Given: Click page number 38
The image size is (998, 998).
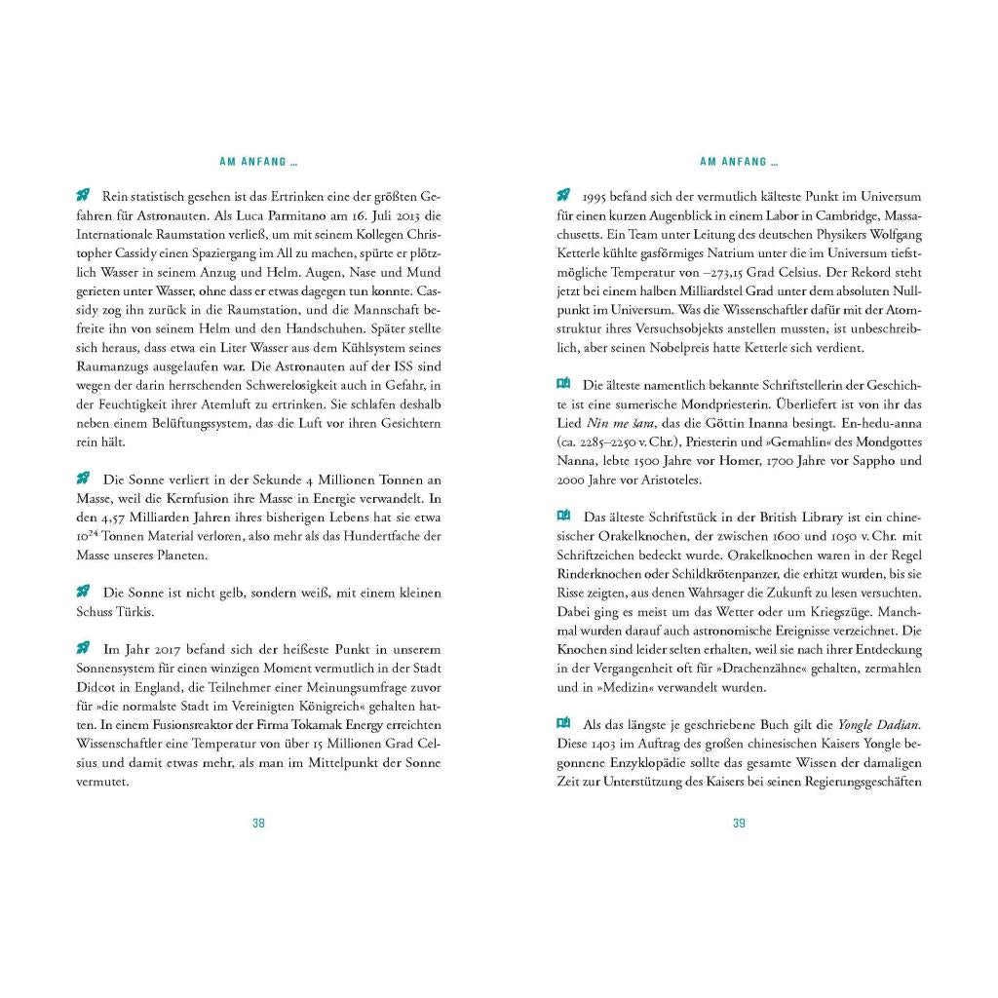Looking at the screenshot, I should pos(258,824).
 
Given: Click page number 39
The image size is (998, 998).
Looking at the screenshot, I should pos(739,824).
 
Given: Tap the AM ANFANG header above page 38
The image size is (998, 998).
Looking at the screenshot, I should pos(258,162).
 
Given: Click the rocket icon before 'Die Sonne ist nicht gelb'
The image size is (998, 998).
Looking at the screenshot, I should pos(84,592).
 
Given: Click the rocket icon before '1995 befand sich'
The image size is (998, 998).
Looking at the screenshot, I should pos(563,195).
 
